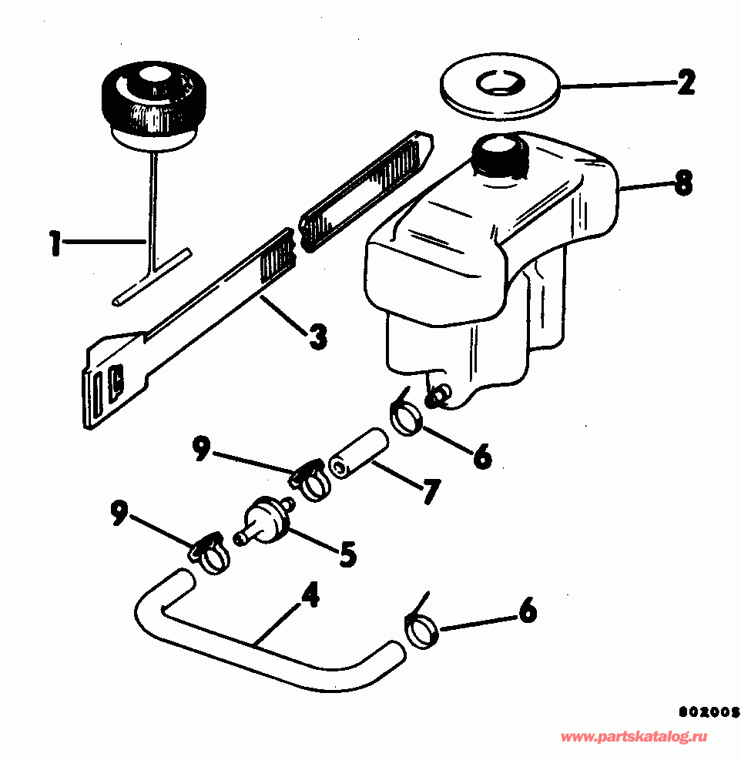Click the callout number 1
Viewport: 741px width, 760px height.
coord(54,245)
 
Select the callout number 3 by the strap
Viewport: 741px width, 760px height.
coord(315,336)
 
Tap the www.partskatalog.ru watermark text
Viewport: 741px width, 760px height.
coord(633,737)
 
